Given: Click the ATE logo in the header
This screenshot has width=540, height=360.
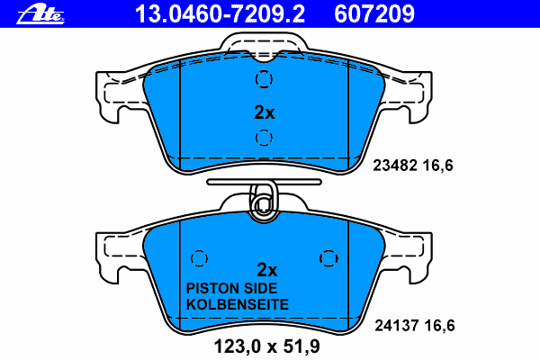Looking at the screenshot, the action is point(40,14).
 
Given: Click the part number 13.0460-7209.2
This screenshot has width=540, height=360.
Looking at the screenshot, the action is point(220,14).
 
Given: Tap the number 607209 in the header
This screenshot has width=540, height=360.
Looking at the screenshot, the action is point(374,14).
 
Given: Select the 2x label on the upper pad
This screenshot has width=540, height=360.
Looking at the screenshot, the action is point(264,112).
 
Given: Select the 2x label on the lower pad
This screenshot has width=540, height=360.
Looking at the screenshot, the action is point(267,270).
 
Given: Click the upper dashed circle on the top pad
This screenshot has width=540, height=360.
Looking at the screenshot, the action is point(264,79).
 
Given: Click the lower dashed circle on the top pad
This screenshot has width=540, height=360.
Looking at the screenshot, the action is point(264,138).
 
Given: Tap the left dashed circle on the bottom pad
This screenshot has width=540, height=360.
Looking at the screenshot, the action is point(199,258).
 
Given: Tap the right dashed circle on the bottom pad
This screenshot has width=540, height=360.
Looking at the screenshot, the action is point(328,258).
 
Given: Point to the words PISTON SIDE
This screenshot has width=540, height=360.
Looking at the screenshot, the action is point(231,289).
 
